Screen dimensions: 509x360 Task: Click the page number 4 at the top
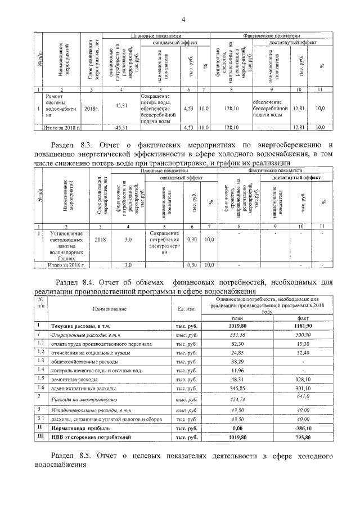tap(183, 20)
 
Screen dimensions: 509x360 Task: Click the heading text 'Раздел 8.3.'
tap(73, 145)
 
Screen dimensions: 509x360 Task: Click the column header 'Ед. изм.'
tap(186, 308)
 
